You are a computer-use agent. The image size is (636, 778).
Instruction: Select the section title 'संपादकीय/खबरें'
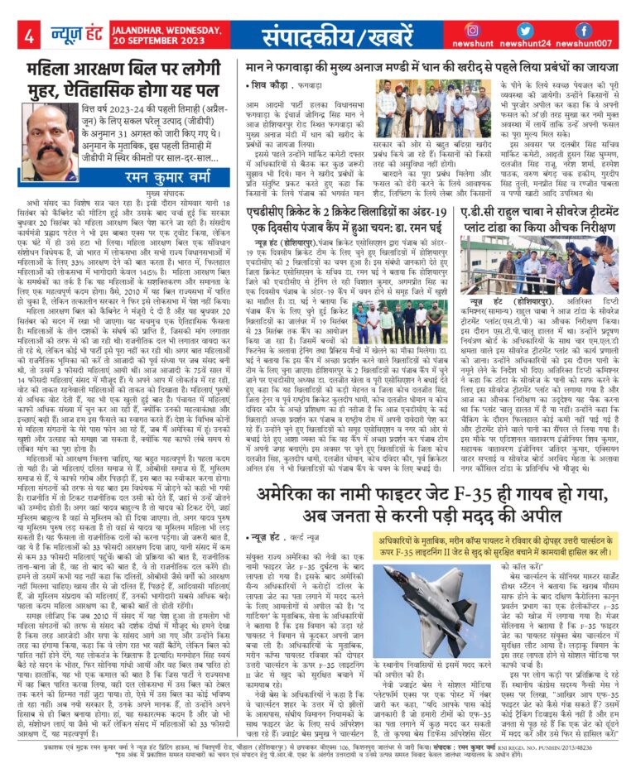click(335, 36)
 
